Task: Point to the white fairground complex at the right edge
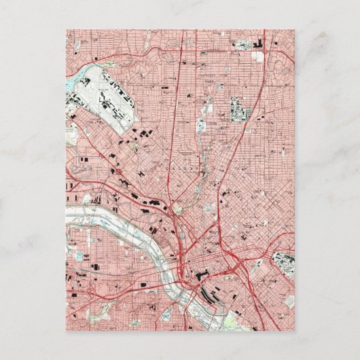pos(283,263)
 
